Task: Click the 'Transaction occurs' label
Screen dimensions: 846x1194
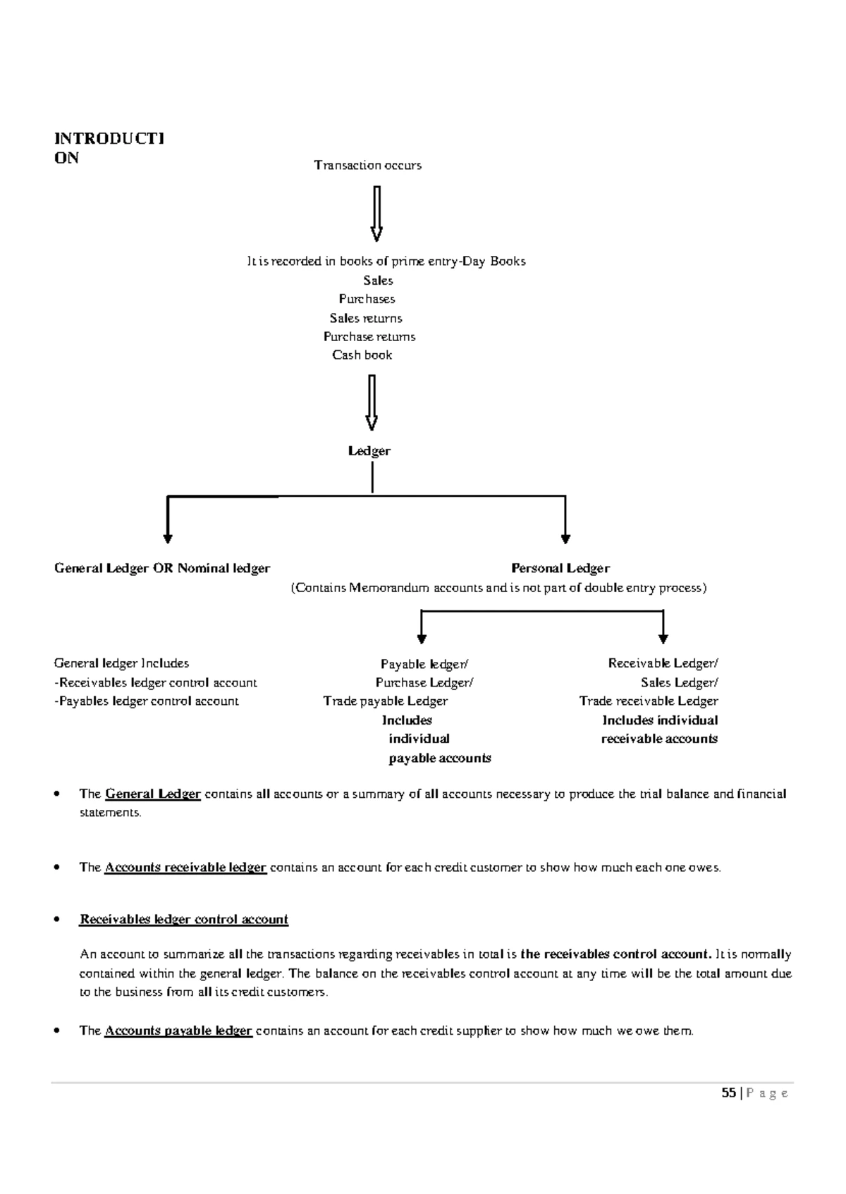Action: click(367, 165)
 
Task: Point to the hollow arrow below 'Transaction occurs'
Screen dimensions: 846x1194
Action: click(377, 214)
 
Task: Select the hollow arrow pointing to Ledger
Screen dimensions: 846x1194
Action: click(372, 403)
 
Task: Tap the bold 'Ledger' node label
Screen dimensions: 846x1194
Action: click(369, 451)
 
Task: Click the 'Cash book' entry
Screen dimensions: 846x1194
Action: click(362, 355)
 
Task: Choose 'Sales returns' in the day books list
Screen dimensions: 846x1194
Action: click(366, 318)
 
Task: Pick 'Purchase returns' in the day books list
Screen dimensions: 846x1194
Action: click(369, 337)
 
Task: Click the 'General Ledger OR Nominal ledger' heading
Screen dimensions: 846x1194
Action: click(162, 568)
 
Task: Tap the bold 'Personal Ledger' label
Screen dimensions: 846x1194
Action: click(560, 568)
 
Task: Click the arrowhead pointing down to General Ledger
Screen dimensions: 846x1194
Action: click(168, 539)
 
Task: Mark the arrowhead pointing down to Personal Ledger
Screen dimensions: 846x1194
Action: click(565, 539)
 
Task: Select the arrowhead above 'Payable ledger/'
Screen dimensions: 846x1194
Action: click(422, 639)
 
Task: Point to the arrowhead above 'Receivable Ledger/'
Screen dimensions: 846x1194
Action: click(663, 639)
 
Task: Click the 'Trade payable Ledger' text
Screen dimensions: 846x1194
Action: click(386, 701)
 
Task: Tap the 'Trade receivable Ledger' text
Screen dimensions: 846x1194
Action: click(649, 701)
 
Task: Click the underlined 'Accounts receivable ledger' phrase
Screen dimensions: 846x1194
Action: click(185, 867)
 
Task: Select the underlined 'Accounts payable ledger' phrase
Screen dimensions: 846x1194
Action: click(178, 1030)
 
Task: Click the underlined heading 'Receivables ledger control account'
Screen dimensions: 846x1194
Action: click(184, 920)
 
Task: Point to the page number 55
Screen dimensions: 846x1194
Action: click(729, 1093)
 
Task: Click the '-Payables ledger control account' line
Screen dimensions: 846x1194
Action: click(147, 701)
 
